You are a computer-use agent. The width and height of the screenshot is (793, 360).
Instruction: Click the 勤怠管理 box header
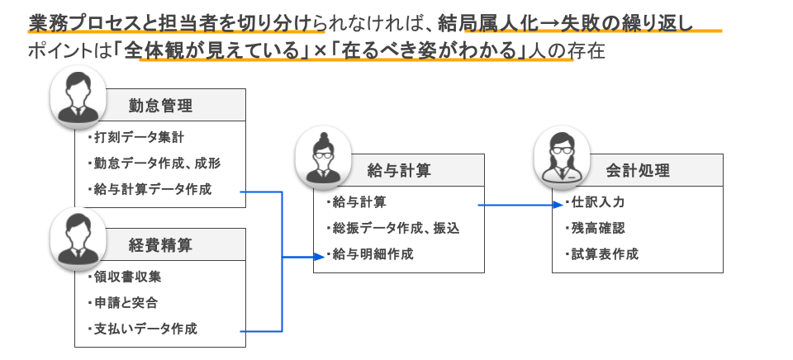coord(161,106)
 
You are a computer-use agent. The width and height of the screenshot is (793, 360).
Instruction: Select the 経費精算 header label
coord(161,244)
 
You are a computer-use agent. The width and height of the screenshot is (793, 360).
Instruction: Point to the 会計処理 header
coord(637,171)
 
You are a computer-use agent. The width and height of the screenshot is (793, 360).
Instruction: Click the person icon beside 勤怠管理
coord(76,97)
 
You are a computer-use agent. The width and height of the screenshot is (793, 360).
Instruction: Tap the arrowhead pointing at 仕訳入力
coord(557,205)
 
